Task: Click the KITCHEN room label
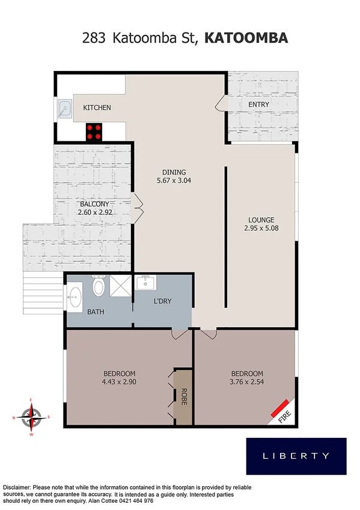pyautogui.click(x=97, y=108)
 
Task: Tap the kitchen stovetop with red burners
pyautogui.click(x=94, y=131)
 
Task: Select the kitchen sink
pyautogui.click(x=64, y=109)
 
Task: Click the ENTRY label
pyautogui.click(x=259, y=104)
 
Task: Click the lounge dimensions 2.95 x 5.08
pyautogui.click(x=261, y=228)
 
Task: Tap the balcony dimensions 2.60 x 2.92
pyautogui.click(x=96, y=212)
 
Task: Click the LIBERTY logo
pyautogui.click(x=296, y=455)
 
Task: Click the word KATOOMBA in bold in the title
pyautogui.click(x=246, y=38)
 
